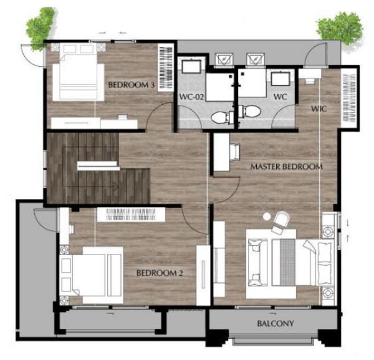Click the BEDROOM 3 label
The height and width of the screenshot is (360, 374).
(x=131, y=85)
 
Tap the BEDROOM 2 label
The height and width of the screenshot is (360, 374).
(x=160, y=273)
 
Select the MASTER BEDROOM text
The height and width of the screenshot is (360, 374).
(x=286, y=167)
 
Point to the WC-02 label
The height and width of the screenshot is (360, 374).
(x=191, y=97)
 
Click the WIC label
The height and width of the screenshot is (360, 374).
(x=319, y=109)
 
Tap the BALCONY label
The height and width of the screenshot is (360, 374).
(x=276, y=323)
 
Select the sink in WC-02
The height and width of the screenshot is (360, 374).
(x=190, y=66)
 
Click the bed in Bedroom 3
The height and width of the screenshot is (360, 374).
(x=79, y=72)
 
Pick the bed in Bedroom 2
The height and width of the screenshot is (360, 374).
(x=91, y=275)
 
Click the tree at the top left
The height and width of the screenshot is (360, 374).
(x=41, y=29)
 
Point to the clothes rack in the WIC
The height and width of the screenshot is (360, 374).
(x=349, y=97)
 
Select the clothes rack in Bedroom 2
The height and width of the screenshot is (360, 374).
(x=131, y=215)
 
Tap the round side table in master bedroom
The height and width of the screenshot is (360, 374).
(x=266, y=216)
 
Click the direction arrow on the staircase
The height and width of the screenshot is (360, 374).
(x=115, y=185)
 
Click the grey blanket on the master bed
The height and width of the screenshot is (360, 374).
(x=288, y=263)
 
